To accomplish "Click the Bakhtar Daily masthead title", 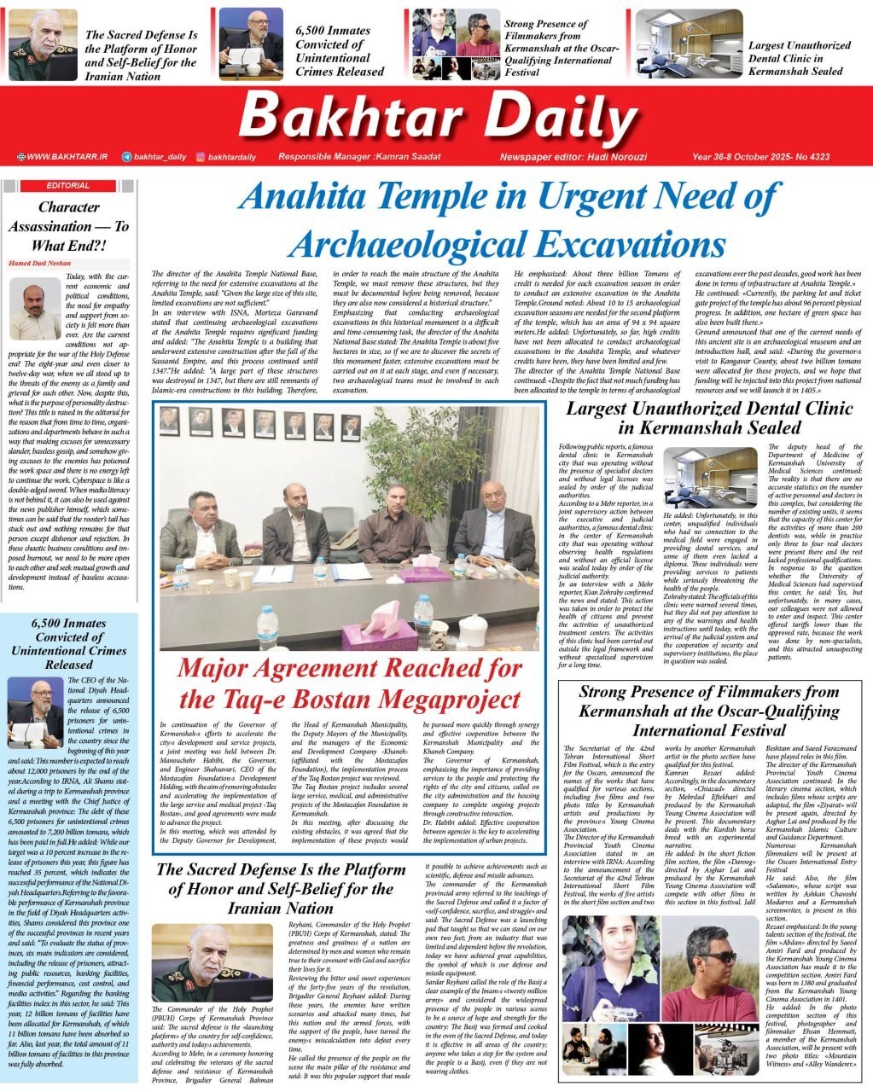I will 437,116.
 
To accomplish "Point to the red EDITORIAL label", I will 68,185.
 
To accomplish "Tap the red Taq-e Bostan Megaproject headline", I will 349,683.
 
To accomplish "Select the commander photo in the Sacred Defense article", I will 201,961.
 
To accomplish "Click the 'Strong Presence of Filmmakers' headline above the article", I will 708,711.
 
